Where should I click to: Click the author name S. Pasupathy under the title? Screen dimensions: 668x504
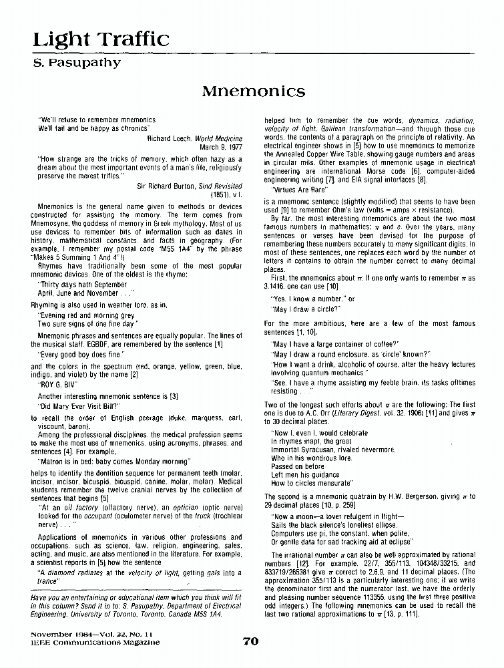(x=77, y=63)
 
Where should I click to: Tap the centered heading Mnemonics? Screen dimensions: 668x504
(x=254, y=90)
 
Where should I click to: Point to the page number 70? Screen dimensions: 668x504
(x=250, y=642)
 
